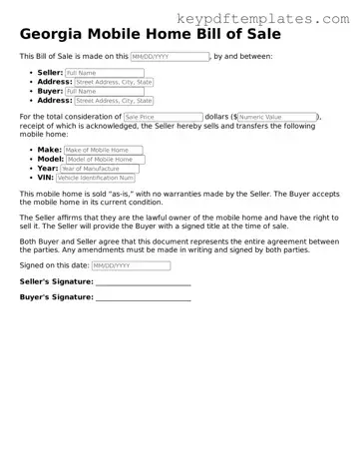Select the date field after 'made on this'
(x=169, y=58)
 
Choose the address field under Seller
(x=115, y=83)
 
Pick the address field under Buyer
(x=115, y=101)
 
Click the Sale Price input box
(x=163, y=117)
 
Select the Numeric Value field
(x=276, y=117)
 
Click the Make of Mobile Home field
(x=104, y=150)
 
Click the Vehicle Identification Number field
(x=95, y=178)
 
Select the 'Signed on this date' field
(x=130, y=266)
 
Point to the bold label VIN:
(x=45, y=178)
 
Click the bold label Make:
(x=50, y=150)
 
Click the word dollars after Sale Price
(x=218, y=117)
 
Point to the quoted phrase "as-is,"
(x=115, y=194)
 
